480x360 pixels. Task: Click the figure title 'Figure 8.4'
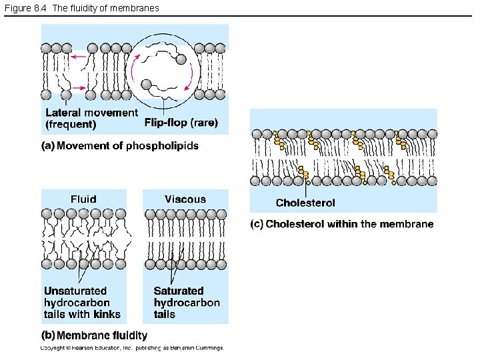pos(25,8)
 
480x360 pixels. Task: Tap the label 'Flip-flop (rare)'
pos(181,123)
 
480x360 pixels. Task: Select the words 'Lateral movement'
pos(91,113)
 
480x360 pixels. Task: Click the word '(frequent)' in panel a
pos(71,124)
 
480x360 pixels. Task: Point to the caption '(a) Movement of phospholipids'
pos(120,145)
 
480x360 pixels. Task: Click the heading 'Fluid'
pos(83,199)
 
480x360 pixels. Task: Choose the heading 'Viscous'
pos(185,199)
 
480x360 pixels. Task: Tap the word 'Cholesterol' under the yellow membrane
pos(305,203)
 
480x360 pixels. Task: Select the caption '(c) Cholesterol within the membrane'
pos(342,224)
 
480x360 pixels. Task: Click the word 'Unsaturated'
pos(75,291)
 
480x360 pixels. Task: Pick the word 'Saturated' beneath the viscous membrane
pos(179,291)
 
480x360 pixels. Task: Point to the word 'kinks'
pos(107,314)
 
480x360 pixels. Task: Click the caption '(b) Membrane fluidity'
pos(95,335)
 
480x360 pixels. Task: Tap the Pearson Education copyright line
pos(132,347)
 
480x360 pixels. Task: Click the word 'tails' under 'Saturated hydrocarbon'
pos(165,314)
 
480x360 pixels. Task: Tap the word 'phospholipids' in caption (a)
pos(162,145)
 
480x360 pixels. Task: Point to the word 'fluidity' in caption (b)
pos(128,335)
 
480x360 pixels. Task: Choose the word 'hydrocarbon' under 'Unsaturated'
pos(77,303)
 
